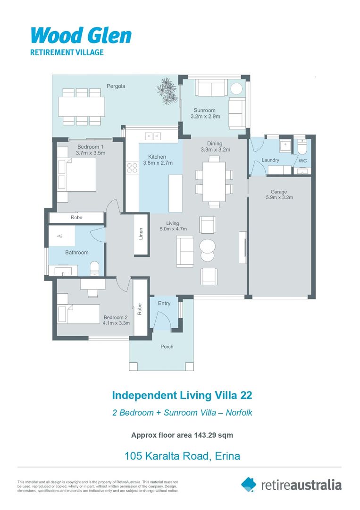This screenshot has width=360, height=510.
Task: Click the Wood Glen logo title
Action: click(81, 36)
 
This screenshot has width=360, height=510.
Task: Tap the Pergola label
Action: click(116, 86)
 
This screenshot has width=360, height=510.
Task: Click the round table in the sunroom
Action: click(236, 89)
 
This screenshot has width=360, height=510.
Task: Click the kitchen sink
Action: click(152, 136)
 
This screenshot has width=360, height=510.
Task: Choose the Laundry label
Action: click(270, 160)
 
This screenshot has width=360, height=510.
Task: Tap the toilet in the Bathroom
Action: click(94, 268)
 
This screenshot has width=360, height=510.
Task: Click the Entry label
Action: click(164, 304)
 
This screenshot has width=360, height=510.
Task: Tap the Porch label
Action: click(167, 347)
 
